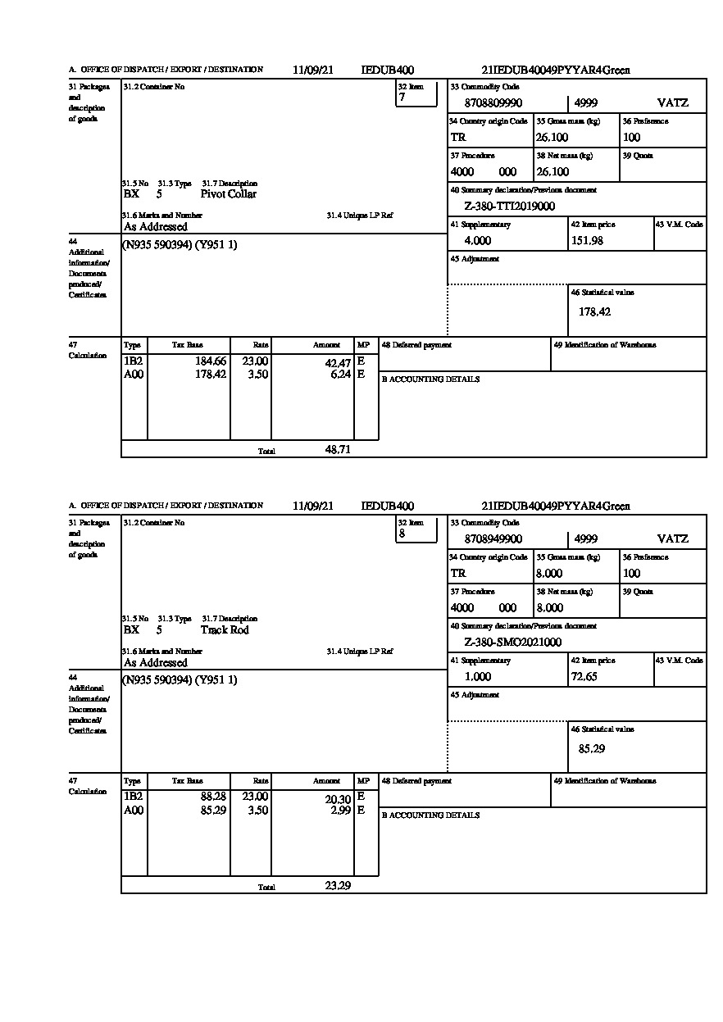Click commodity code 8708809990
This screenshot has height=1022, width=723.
pos(493,103)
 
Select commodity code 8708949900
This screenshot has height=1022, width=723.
pos(493,539)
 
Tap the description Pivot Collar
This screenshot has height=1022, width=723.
pos(229,194)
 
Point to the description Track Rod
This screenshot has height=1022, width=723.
pos(225,630)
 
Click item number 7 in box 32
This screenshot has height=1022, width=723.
pos(402,98)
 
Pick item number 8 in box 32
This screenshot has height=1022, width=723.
pos(402,534)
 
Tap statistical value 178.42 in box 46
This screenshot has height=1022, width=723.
pos(594,311)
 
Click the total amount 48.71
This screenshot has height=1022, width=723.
pos(338,450)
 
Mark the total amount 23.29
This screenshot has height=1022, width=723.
pos(338,886)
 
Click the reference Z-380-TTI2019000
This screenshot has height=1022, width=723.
pos(509,207)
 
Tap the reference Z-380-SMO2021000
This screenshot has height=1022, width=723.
pos(512,643)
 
